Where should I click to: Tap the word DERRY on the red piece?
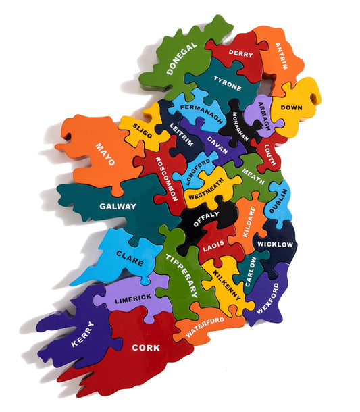click(240, 53)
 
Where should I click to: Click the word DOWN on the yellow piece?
click(292, 107)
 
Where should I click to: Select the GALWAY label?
click(118, 206)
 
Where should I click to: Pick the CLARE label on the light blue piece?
click(128, 256)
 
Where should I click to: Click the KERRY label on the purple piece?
click(82, 334)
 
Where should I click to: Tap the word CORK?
click(146, 348)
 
